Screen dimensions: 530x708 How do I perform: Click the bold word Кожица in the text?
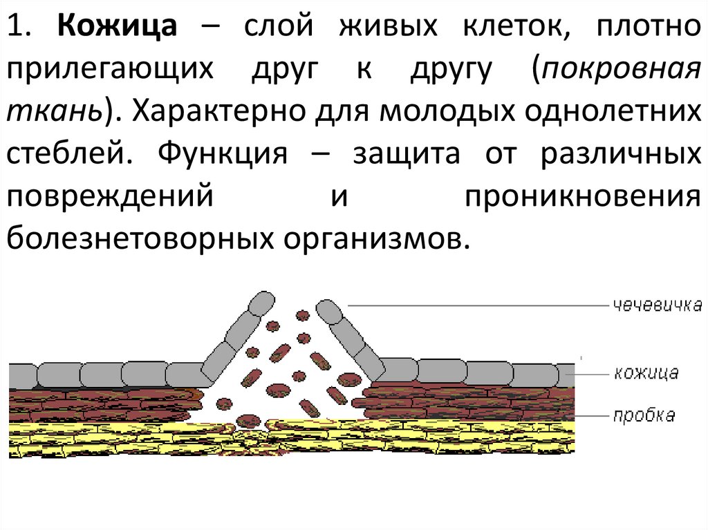pos(119,28)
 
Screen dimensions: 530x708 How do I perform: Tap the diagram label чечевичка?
pos(656,305)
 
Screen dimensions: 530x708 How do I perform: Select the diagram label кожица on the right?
pos(646,373)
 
